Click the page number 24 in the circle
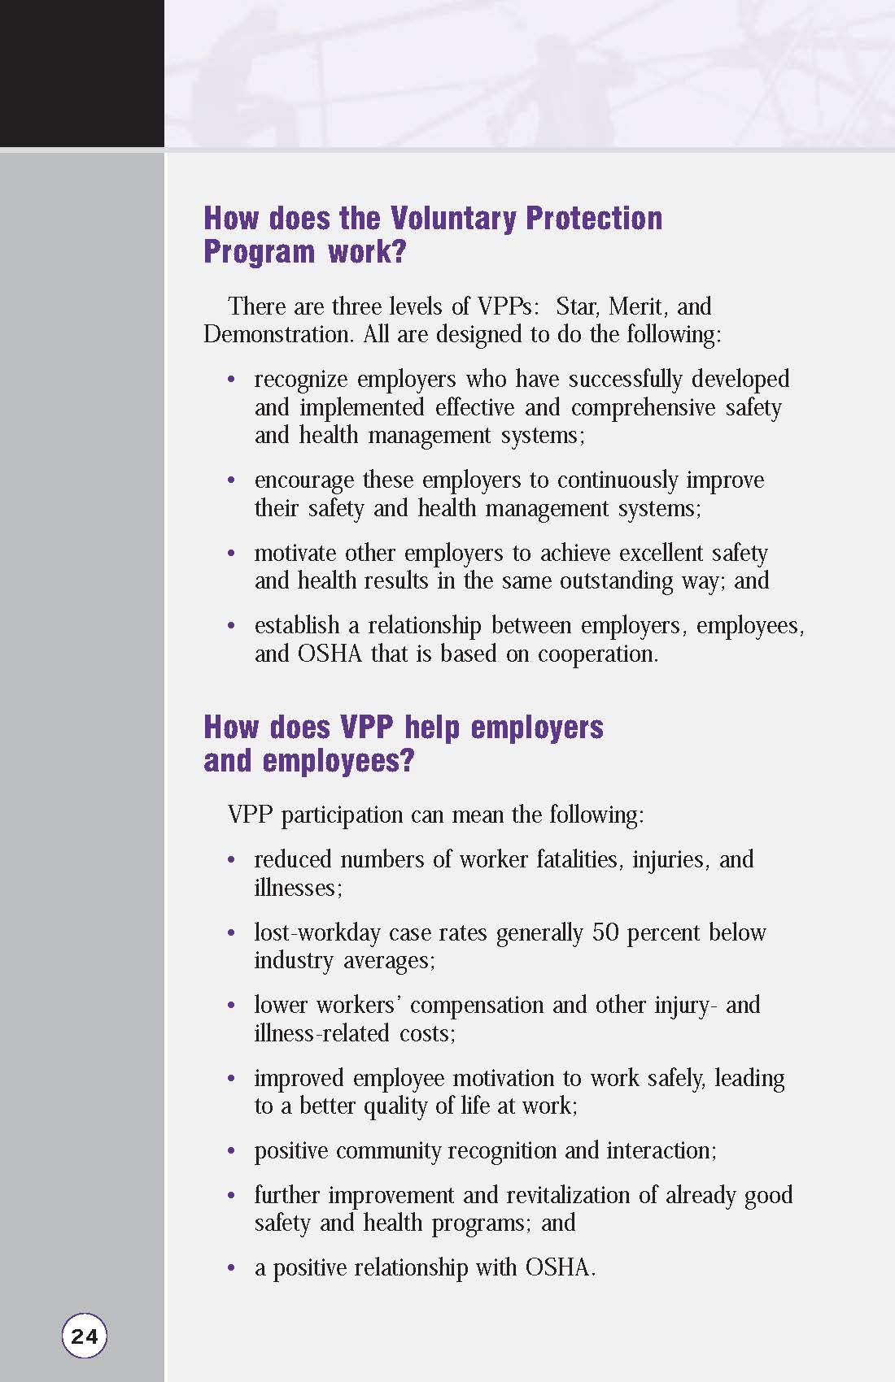pyautogui.click(x=84, y=1336)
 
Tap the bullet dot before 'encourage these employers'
pyautogui.click(x=232, y=481)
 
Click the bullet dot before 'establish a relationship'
pyautogui.click(x=232, y=627)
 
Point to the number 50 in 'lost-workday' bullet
pyautogui.click(x=605, y=932)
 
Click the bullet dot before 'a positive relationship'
pyautogui.click(x=232, y=1269)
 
